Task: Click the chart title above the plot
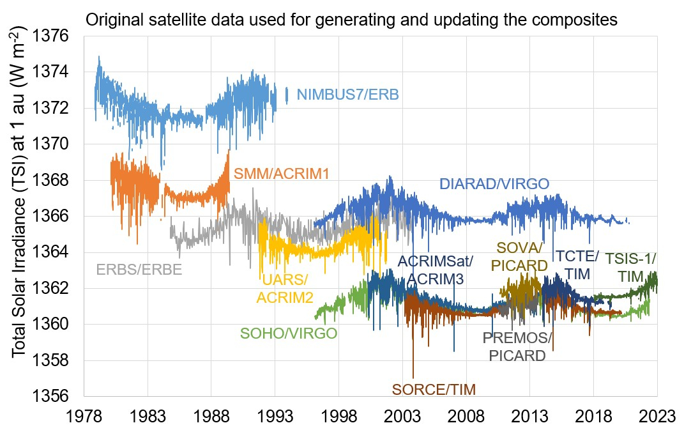(x=351, y=20)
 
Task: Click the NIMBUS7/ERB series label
(x=348, y=95)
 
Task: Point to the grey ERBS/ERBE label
(x=139, y=270)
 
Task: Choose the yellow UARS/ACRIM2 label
(x=285, y=288)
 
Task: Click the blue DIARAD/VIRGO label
(x=494, y=184)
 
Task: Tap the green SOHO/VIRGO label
(x=289, y=334)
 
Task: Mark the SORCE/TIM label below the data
(x=434, y=389)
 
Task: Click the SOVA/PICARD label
(x=520, y=256)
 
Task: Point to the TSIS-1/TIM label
(x=630, y=267)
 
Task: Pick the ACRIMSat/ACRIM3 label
(x=435, y=270)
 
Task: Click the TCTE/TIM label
(x=577, y=265)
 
